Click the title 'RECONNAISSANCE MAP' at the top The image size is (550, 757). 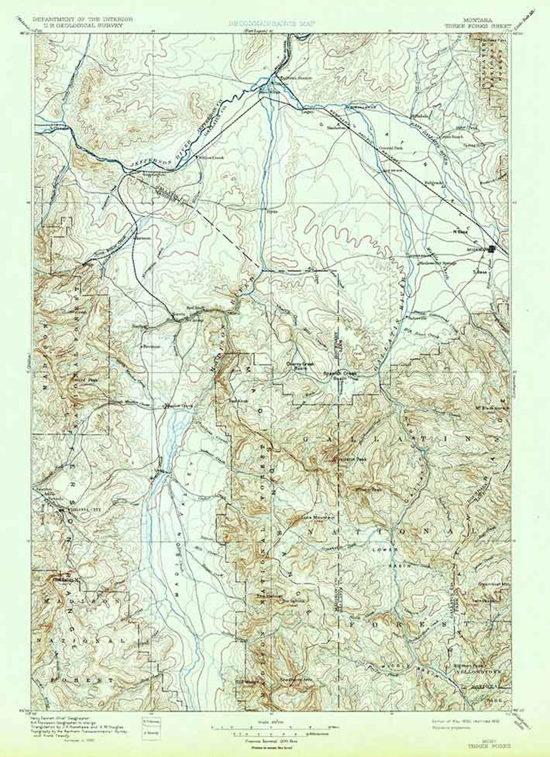point(272,23)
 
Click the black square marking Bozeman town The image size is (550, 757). point(492,249)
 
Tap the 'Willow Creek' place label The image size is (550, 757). point(211,157)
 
